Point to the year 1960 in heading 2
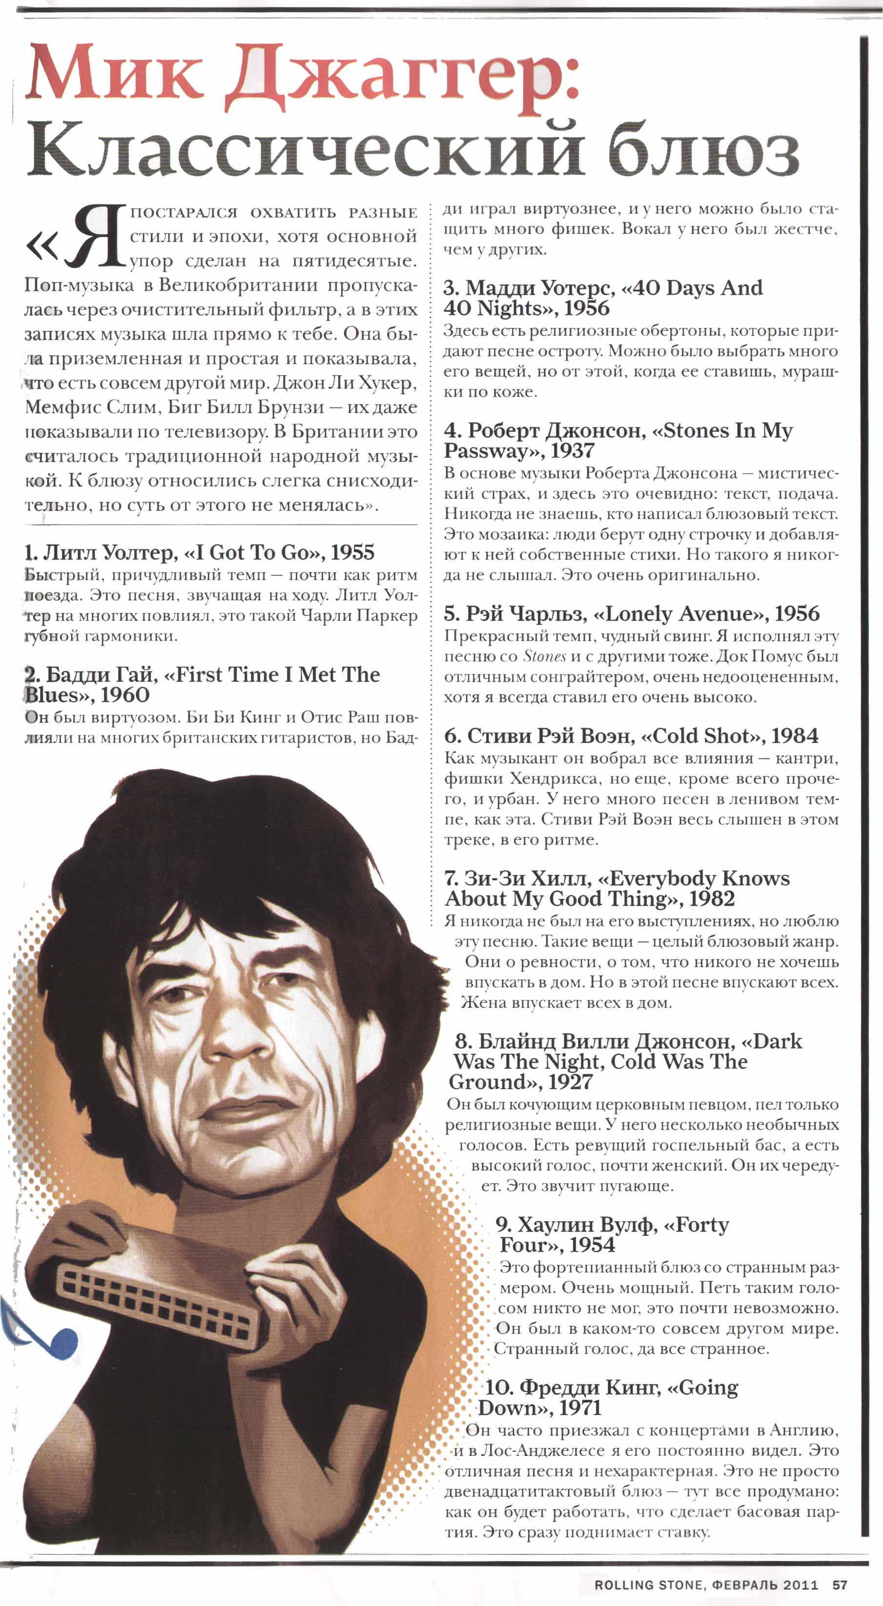(125, 694)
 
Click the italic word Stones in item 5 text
(544, 656)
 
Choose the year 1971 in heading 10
(579, 1408)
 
